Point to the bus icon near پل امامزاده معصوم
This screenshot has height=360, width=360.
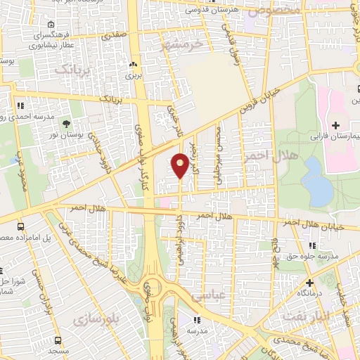[21, 226]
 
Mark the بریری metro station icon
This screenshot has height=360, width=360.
[133, 63]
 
